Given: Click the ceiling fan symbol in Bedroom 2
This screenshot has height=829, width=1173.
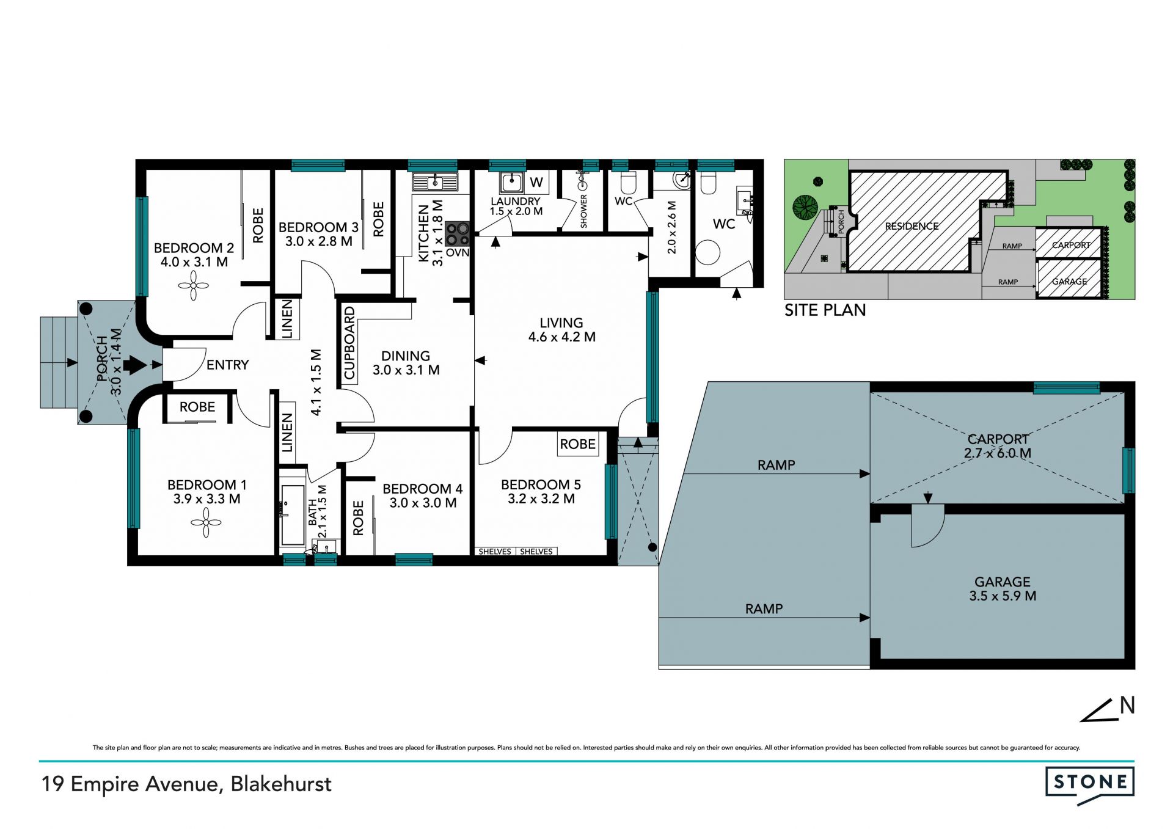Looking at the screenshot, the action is pos(194,285).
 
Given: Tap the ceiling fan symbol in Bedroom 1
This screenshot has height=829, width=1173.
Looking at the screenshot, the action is pos(206,522).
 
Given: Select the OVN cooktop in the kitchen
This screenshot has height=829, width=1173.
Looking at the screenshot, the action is pos(457,233).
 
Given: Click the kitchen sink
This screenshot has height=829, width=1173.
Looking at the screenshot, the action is pos(435,182).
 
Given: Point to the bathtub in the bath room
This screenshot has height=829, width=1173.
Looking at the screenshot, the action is pos(293,516).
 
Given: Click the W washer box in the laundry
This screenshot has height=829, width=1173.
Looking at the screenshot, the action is pos(536,182).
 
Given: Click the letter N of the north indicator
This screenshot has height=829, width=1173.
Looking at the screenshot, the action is pos(1127,706).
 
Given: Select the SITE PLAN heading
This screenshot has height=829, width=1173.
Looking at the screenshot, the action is pos(825,310).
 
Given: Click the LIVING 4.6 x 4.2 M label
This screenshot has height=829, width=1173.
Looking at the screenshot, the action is pos(561,330).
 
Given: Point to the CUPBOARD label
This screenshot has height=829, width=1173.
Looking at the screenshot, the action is pos(349,343).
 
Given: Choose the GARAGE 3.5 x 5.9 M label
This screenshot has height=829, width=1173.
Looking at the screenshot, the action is pos(1003,589).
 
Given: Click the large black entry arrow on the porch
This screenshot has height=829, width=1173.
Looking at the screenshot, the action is pos(135,366).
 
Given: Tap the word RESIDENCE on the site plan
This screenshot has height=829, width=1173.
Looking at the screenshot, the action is pos(912,226).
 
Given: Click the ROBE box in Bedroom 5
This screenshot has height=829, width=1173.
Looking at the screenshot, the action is pos(578,444).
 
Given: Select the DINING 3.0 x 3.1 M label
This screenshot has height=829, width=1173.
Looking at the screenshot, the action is pos(406,363).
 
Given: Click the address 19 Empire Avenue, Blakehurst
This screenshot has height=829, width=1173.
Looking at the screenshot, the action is pos(186,784).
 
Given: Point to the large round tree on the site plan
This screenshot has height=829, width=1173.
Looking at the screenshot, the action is pos(805,208).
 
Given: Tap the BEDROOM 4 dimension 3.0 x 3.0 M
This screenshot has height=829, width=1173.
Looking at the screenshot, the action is pos(423,503).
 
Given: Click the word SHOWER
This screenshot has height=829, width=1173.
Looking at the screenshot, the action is pos(583,211).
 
